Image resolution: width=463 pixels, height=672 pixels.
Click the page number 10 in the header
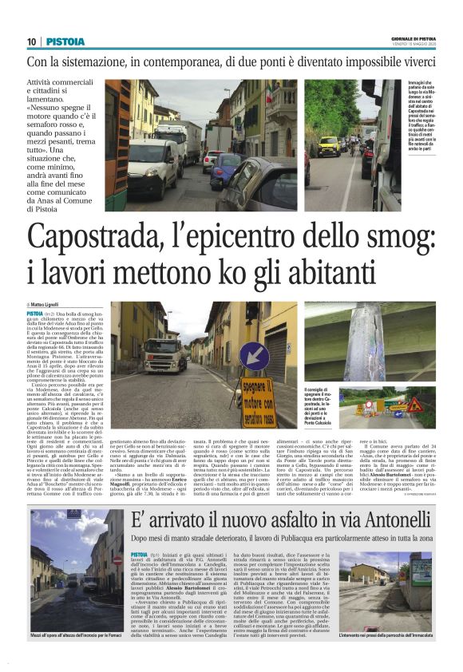tap(31, 42)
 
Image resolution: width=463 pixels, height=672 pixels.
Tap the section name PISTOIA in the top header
tap(62, 42)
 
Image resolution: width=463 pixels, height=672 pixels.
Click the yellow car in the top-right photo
tap(328, 145)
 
